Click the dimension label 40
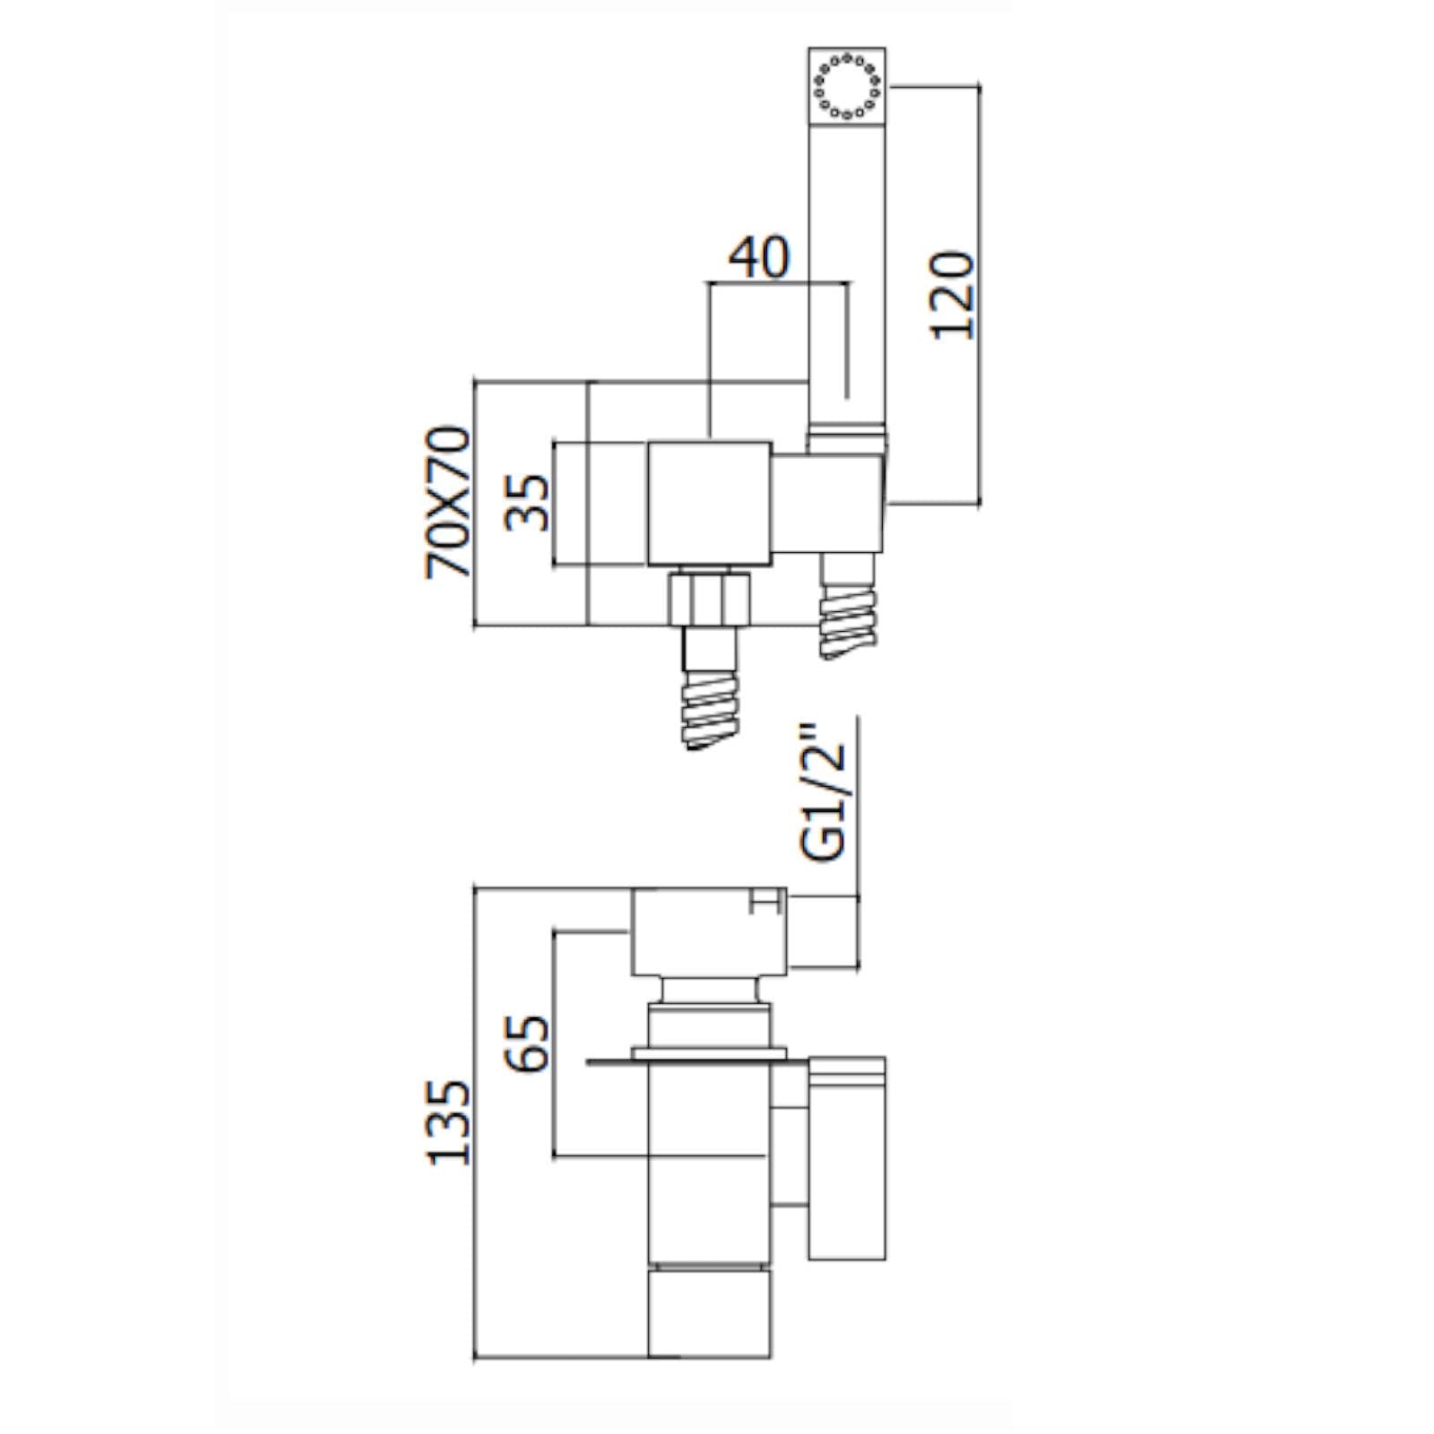coord(758,257)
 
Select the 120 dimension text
coord(951,294)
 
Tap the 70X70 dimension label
coord(448,502)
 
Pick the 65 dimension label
coord(526,1043)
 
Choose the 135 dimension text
coord(448,1122)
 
